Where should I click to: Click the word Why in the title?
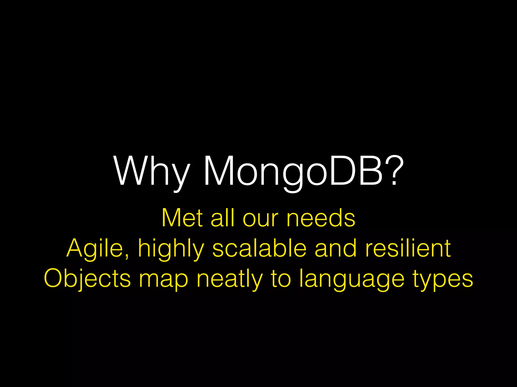pos(151,171)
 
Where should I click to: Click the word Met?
pos(182,218)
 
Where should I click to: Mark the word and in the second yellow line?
pos(336,248)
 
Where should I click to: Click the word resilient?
pos(408,248)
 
